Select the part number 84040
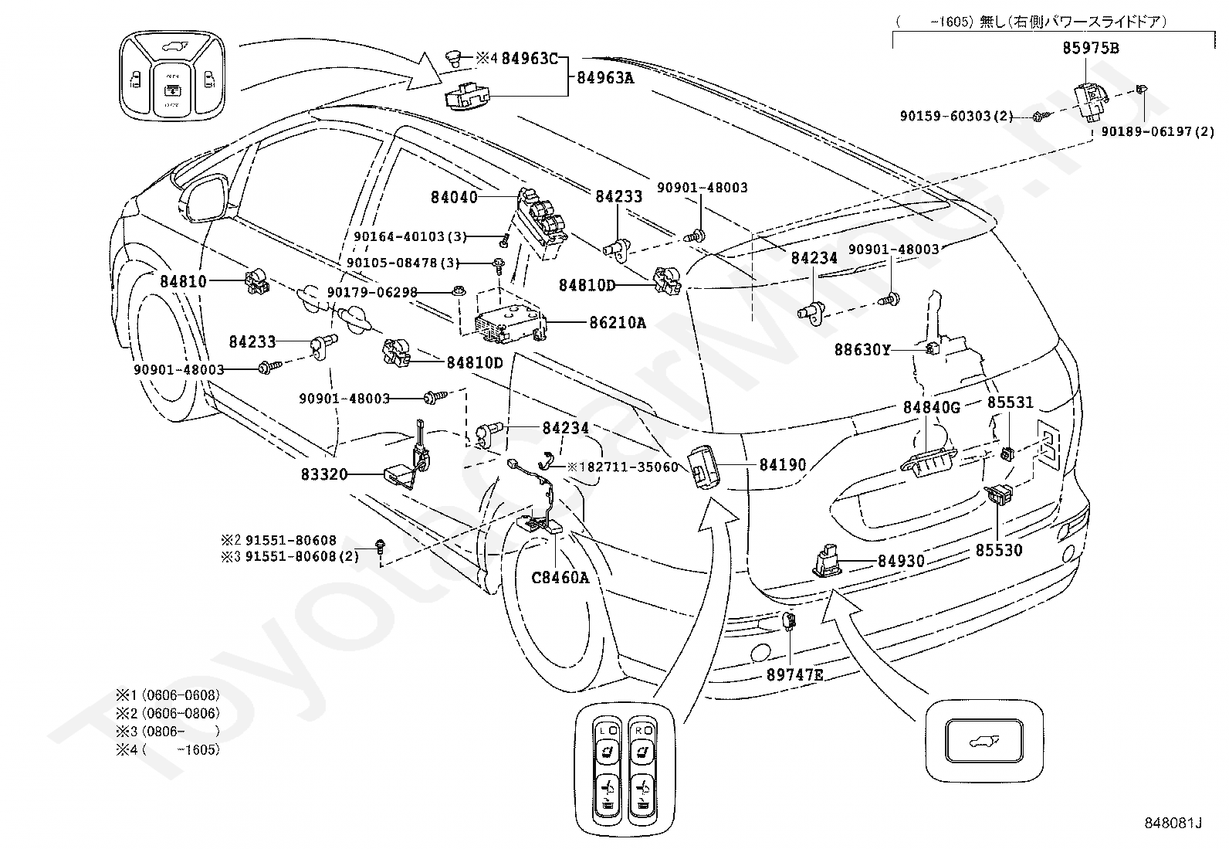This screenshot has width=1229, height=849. click(454, 197)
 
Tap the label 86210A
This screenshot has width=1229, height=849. click(618, 323)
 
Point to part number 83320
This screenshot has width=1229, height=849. click(324, 474)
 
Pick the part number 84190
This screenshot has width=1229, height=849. click(782, 465)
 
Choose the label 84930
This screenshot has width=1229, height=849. click(901, 562)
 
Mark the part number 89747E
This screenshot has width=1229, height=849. click(794, 674)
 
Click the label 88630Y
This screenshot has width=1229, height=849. click(862, 350)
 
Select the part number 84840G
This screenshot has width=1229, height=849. click(931, 407)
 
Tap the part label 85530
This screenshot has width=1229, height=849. click(999, 550)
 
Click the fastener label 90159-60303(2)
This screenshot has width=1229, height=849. click(956, 116)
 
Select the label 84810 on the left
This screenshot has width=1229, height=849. click(184, 281)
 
